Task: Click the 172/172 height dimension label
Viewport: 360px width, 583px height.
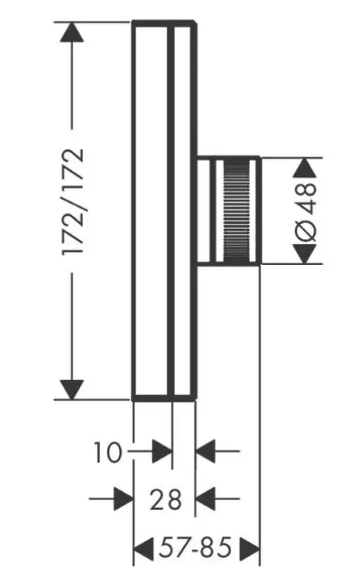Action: tap(73, 202)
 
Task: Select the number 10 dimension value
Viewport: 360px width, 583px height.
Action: tap(108, 453)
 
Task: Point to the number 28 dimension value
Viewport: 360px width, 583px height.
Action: tap(166, 499)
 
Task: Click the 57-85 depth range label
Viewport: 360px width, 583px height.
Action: tap(195, 548)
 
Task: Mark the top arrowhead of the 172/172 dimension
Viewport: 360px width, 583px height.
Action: tap(72, 31)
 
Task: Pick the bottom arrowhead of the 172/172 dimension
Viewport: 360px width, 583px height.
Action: tap(72, 390)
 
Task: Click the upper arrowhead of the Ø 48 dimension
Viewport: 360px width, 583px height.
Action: tap(305, 167)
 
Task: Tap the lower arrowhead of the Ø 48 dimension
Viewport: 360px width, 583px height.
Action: tap(305, 254)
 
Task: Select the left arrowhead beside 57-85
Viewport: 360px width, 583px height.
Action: tap(143, 548)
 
